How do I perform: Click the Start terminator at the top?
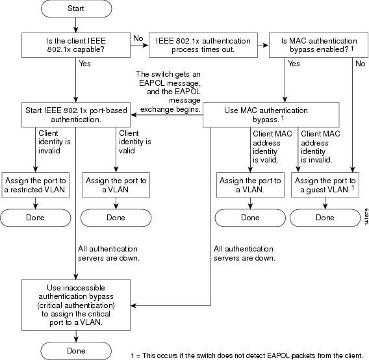tap(76, 8)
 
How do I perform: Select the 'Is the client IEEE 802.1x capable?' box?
tap(76, 45)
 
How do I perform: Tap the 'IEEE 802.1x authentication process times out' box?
tap(203, 45)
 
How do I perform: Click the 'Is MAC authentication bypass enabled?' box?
tap(318, 45)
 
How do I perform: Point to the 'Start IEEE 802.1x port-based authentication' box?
tap(76, 115)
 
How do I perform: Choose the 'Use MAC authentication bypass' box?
tap(271, 115)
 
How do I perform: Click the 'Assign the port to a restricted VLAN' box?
tap(35, 185)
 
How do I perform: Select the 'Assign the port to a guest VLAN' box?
tap(325, 185)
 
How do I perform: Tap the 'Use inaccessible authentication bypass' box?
tap(76, 305)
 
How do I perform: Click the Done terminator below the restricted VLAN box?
tap(35, 218)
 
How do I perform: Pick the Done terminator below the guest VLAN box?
tap(325, 218)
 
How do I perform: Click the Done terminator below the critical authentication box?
tap(76, 351)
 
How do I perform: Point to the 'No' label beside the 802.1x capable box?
tap(138, 38)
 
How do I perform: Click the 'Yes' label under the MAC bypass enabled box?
tap(294, 64)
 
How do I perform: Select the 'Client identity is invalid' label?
tap(55, 142)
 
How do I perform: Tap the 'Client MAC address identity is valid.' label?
tap(272, 147)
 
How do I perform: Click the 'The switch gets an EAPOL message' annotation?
tap(170, 92)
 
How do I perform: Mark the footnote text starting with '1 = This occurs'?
tap(247, 355)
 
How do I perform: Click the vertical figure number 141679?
tap(366, 216)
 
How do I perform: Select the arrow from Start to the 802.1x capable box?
tap(76, 25)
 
